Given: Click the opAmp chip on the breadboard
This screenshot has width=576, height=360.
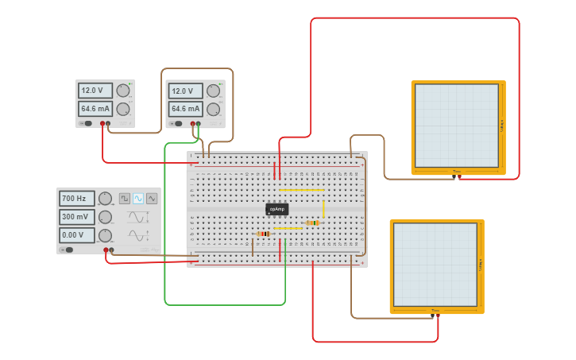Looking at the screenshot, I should point(276,209).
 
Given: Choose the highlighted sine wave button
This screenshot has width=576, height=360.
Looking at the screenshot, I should point(138,198).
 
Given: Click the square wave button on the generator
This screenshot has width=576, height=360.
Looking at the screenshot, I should point(125,198).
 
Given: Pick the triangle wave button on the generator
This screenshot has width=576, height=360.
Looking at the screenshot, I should point(152,198).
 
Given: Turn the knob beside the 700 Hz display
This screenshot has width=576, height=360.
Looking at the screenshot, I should point(105,199).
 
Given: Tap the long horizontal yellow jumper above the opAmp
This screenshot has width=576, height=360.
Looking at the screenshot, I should point(301,190).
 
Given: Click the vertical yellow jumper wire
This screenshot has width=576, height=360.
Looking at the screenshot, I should point(323,208).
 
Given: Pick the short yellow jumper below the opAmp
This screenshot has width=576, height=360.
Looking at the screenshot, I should point(288,228).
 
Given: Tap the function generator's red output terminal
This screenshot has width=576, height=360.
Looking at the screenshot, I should point(106,250).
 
